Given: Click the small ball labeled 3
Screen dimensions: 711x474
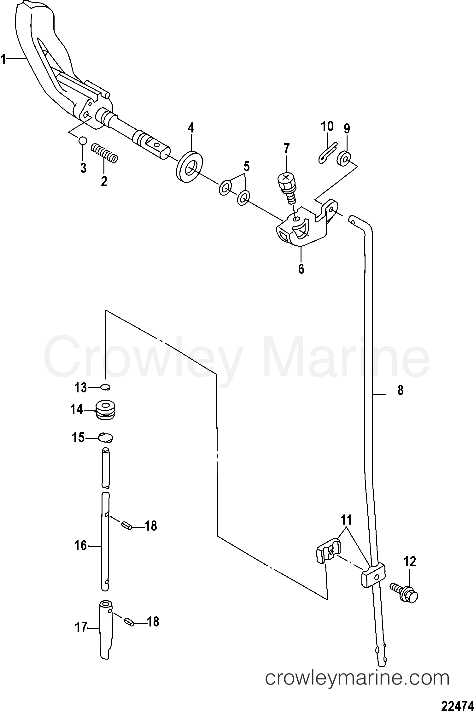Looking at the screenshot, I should point(83,140).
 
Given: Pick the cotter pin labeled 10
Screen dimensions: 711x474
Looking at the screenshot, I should point(327,153).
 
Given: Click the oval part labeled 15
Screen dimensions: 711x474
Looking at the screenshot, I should point(106,438).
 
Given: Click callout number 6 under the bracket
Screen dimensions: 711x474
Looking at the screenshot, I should point(301,269).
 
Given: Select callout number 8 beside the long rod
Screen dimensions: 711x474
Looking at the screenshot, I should point(400,390).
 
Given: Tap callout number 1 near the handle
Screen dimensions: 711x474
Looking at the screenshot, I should point(3,59).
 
